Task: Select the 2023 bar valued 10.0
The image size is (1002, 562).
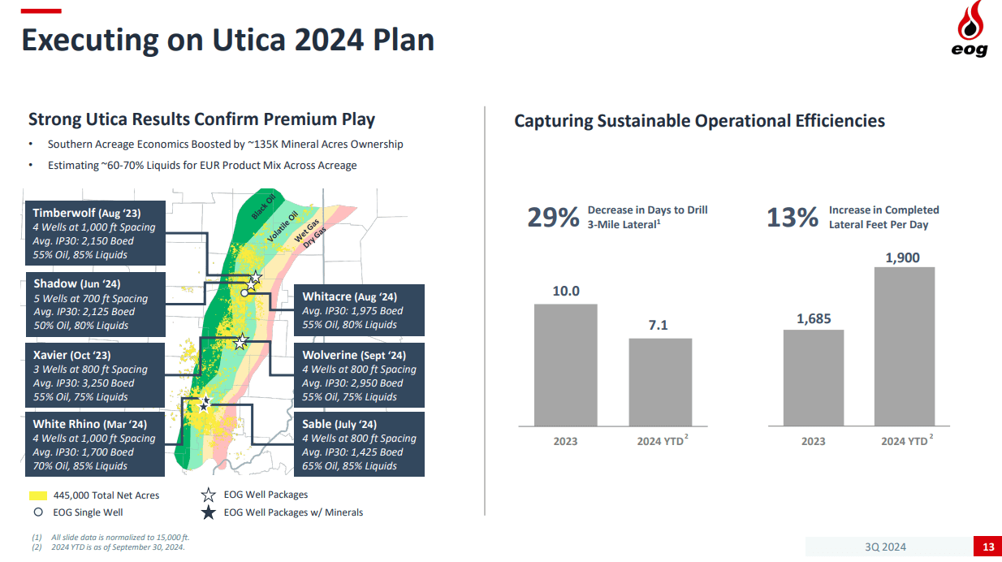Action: [x=565, y=365]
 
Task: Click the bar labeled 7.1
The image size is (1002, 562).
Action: [x=660, y=382]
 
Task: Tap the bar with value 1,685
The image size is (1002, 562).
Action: [x=813, y=378]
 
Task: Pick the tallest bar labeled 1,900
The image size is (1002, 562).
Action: [x=904, y=346]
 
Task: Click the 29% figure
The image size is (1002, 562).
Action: [x=553, y=218]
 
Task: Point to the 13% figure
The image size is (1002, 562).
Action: [x=792, y=218]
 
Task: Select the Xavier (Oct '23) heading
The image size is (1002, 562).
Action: [x=72, y=355]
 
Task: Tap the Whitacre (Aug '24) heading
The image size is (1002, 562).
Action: [x=349, y=296]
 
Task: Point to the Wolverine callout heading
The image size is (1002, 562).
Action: [x=353, y=355]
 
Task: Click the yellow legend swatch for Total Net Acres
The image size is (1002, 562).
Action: [x=38, y=495]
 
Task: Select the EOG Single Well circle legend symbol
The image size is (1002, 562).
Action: [x=38, y=512]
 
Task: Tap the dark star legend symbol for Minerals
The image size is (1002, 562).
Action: [x=208, y=512]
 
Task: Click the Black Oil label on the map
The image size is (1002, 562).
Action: [x=264, y=206]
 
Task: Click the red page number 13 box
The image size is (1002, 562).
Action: [x=987, y=547]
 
